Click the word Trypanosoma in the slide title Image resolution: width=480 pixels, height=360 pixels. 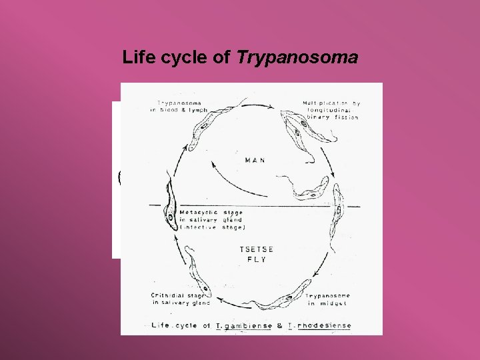(x=297, y=59)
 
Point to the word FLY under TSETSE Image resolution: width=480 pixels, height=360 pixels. (x=253, y=259)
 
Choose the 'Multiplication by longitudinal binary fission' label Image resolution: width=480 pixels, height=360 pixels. (x=331, y=111)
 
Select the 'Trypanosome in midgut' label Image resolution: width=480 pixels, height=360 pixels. (x=329, y=299)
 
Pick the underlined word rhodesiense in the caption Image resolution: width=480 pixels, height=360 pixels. (x=325, y=326)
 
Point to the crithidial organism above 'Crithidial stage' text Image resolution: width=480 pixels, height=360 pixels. (x=199, y=270)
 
